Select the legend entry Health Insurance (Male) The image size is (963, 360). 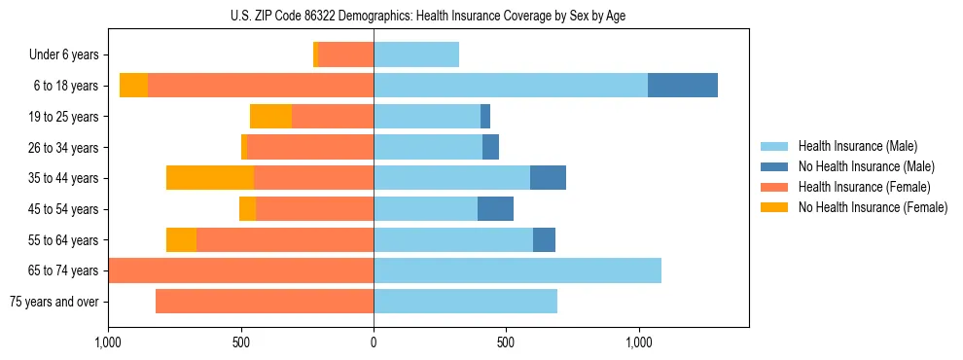(x=857, y=146)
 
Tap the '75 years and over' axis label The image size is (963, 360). (x=54, y=302)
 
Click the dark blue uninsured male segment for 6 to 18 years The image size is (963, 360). (x=683, y=86)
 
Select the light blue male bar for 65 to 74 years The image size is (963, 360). (x=517, y=270)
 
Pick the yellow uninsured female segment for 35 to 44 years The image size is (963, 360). (x=210, y=178)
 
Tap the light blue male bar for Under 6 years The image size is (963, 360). (x=416, y=55)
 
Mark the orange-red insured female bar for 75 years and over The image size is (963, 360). (x=265, y=302)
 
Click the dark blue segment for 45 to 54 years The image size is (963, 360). (x=495, y=209)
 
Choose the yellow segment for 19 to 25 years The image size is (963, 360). (x=270, y=117)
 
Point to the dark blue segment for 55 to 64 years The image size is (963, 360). (x=544, y=239)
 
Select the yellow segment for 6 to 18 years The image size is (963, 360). (x=133, y=86)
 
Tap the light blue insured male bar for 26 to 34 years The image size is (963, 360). (x=428, y=147)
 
